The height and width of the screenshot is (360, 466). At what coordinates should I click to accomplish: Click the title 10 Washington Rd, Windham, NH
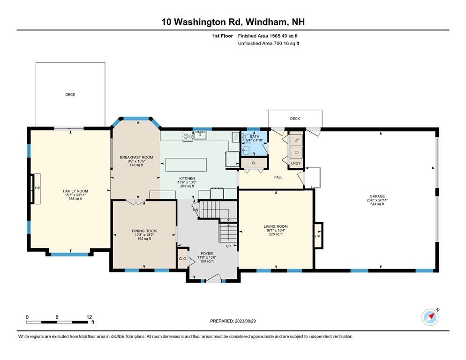(233, 22)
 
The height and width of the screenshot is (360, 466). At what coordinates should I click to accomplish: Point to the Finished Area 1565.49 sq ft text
(268, 36)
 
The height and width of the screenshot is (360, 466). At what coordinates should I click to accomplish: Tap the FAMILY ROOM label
(75, 191)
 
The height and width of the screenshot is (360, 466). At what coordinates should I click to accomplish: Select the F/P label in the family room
(37, 188)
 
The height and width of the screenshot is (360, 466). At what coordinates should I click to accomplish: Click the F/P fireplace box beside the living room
(317, 236)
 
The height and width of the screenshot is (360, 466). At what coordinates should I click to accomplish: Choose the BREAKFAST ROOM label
(136, 157)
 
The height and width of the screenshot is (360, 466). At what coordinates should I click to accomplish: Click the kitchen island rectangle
(186, 165)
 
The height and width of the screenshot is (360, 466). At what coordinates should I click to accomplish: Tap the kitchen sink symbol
(200, 136)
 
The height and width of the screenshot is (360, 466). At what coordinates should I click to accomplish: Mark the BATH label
(255, 136)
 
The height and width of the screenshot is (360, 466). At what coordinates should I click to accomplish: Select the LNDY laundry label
(295, 163)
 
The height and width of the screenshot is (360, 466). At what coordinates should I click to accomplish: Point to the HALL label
(278, 178)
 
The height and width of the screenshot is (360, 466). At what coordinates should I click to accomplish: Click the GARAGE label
(377, 196)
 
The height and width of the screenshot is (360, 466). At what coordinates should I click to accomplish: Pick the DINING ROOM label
(144, 231)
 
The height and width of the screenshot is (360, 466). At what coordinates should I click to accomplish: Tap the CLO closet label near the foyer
(182, 259)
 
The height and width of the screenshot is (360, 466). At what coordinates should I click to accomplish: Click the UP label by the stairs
(228, 246)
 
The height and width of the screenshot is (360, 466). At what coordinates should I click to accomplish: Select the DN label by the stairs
(195, 210)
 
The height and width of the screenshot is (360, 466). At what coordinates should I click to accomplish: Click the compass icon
(430, 317)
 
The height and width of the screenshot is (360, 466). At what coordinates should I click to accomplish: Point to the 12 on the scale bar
(89, 317)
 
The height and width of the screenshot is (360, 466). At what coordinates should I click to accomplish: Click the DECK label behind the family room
(70, 95)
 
